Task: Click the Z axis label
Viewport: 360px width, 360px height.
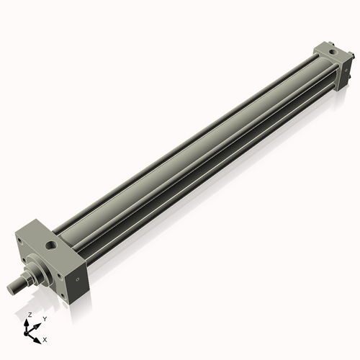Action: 30,315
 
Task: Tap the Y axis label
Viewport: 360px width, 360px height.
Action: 44,318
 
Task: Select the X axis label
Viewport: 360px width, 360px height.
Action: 45,338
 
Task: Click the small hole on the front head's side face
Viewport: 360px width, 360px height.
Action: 76,277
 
